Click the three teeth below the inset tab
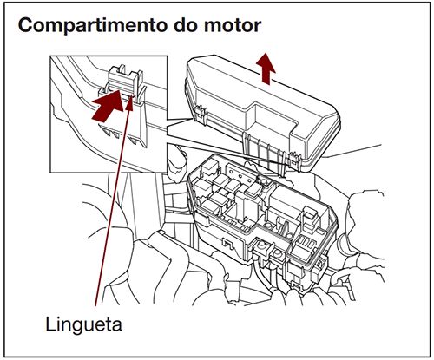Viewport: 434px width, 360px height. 122,130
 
